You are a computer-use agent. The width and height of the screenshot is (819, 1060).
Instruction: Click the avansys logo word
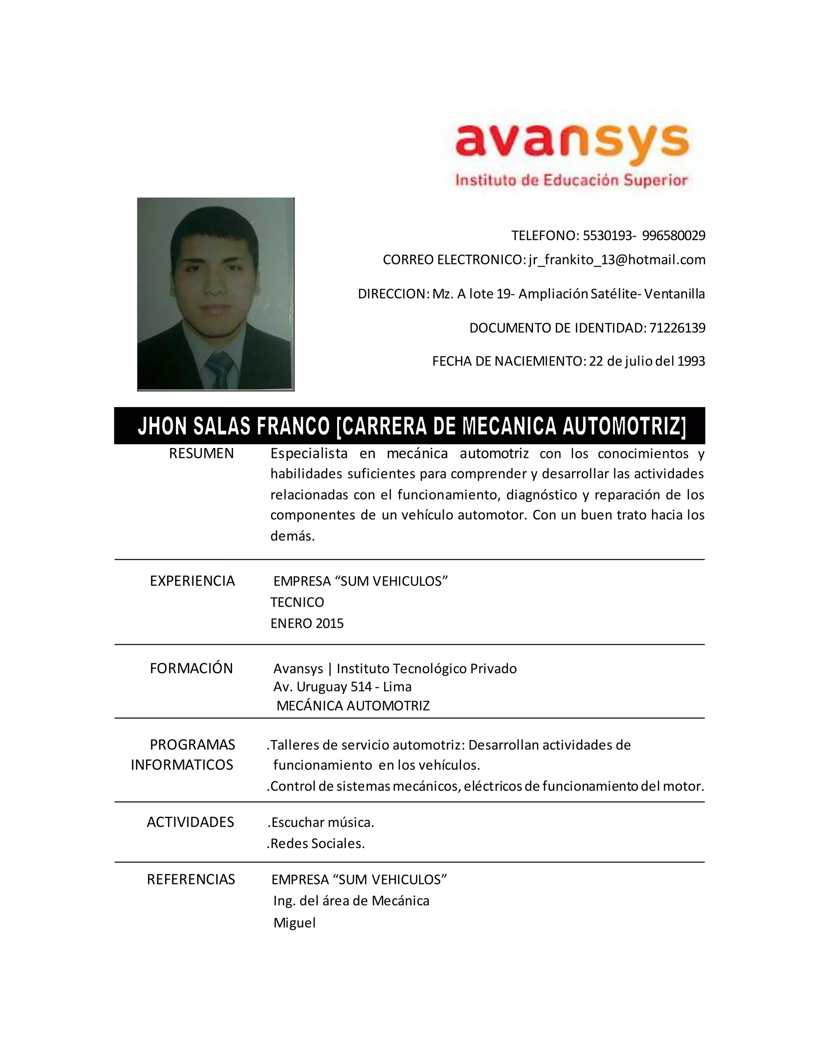pyautogui.click(x=571, y=140)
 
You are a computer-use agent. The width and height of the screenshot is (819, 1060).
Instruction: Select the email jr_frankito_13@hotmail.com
pyautogui.click(x=617, y=260)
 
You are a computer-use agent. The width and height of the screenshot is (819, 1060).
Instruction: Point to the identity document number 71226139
pyautogui.click(x=677, y=328)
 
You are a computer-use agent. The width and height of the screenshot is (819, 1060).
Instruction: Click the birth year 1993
pyautogui.click(x=691, y=361)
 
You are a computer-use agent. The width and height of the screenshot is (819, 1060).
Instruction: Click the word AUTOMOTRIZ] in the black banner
pyautogui.click(x=624, y=426)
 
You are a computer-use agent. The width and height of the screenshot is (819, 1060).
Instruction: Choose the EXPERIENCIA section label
pyautogui.click(x=192, y=581)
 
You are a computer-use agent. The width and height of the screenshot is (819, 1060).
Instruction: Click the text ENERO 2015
pyautogui.click(x=307, y=623)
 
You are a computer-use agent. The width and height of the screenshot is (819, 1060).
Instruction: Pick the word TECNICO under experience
pyautogui.click(x=297, y=602)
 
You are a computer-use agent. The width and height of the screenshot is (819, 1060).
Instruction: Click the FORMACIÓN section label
pyautogui.click(x=191, y=668)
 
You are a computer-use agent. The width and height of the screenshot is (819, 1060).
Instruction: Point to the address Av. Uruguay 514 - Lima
pyautogui.click(x=342, y=687)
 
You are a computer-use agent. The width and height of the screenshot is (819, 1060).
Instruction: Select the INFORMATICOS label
pyautogui.click(x=182, y=765)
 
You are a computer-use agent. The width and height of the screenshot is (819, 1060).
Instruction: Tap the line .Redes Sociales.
pyautogui.click(x=316, y=844)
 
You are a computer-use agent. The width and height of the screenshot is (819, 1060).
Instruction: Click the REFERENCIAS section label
pyautogui.click(x=191, y=880)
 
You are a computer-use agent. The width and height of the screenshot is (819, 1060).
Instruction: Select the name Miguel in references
pyautogui.click(x=294, y=923)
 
